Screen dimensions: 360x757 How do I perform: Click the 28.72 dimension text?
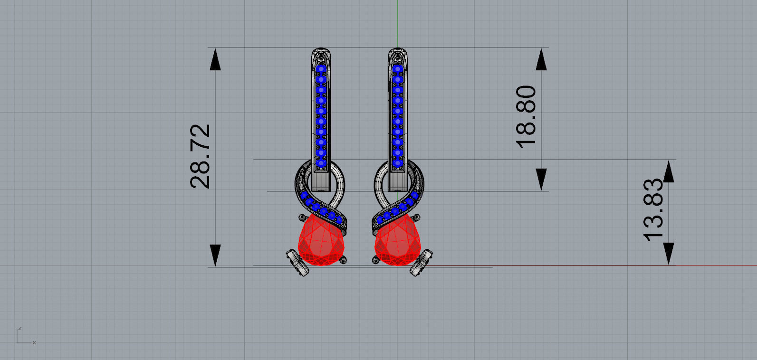tap(200, 156)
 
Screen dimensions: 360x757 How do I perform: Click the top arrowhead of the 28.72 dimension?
tap(215, 59)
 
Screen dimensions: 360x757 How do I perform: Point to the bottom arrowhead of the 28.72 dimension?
tap(215, 255)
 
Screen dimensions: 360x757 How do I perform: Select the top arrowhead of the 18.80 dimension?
tap(541, 59)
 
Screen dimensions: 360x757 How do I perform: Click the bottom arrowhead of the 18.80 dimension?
tap(541, 180)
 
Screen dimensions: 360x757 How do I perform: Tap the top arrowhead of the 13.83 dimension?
tap(669, 171)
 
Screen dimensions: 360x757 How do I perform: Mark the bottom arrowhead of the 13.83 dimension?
tap(669, 254)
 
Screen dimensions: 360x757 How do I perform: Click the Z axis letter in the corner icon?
tap(19, 328)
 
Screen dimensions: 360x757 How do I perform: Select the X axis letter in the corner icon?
tap(34, 343)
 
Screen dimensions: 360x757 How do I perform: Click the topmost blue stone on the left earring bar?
tap(321, 69)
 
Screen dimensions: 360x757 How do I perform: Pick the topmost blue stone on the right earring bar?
tap(398, 69)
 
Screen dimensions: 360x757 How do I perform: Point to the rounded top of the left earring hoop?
tap(321, 50)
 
